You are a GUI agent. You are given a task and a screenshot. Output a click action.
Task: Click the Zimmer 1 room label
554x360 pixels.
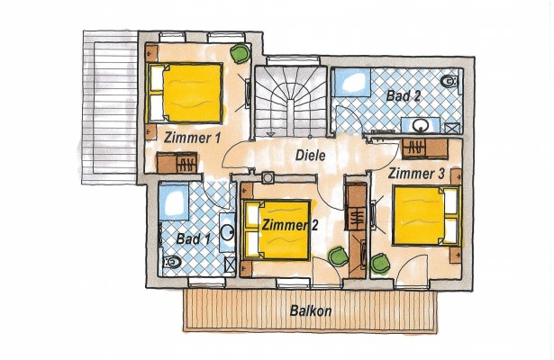pyautogui.click(x=192, y=138)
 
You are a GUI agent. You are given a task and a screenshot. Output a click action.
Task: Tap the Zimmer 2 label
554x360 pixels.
pyautogui.click(x=290, y=225)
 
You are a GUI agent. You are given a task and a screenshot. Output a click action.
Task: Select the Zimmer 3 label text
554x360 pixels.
pyautogui.click(x=416, y=174)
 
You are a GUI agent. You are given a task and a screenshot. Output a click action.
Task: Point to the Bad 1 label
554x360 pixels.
pyautogui.click(x=193, y=238)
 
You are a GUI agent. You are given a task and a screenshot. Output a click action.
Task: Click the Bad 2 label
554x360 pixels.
pyautogui.click(x=404, y=95)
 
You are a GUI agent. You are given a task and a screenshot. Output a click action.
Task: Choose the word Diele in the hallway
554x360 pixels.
pyautogui.click(x=310, y=156)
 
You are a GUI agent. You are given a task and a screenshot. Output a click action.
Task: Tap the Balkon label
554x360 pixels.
pyautogui.click(x=311, y=310)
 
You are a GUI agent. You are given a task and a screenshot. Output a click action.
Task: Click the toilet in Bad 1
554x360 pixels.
pyautogui.click(x=170, y=262)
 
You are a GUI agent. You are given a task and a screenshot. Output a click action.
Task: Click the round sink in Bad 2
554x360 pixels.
pyautogui.click(x=422, y=125)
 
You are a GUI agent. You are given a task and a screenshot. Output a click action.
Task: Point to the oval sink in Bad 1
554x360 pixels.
pyautogui.click(x=228, y=231)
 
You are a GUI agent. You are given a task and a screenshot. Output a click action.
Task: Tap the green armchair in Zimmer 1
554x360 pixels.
pyautogui.click(x=240, y=53)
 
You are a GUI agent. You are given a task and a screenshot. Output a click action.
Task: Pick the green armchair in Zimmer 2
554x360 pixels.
pyautogui.click(x=338, y=256)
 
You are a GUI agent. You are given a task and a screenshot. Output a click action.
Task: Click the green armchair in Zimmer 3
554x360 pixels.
pyautogui.click(x=380, y=264)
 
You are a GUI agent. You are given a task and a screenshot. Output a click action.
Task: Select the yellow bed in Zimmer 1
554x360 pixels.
pyautogui.click(x=186, y=94)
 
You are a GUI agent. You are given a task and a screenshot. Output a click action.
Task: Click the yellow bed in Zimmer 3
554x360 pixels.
pyautogui.click(x=426, y=215)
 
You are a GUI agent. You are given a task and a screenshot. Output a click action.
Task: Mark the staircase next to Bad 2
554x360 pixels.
pyautogui.click(x=290, y=102)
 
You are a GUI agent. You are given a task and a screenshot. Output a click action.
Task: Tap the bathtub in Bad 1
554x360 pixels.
pyautogui.click(x=173, y=202)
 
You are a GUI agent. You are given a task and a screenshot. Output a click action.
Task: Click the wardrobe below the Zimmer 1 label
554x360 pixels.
pyautogui.click(x=177, y=162)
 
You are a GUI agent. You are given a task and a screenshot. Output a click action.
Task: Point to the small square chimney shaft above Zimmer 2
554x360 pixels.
pyautogui.click(x=268, y=177)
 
